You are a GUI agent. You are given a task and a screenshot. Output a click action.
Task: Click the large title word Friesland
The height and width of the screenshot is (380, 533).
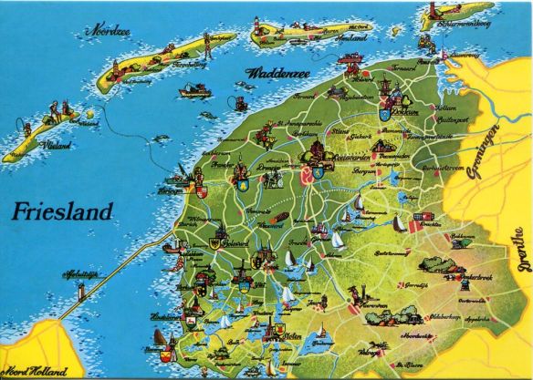point(63,211)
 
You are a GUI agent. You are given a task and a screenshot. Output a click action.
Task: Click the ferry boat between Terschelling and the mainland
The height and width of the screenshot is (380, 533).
point(194,90)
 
